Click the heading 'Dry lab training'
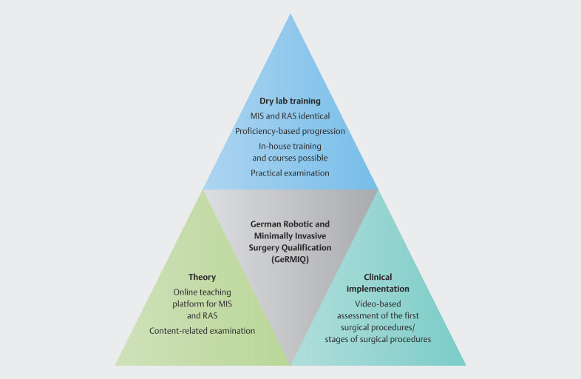[x=290, y=101]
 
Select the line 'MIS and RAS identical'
[x=290, y=115]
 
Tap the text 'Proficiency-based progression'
[x=290, y=131]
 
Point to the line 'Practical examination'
[x=290, y=172]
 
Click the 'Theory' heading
[x=202, y=278]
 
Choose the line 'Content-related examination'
[x=203, y=331]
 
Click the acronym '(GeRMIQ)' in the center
[x=290, y=259]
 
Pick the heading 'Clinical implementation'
[x=377, y=282]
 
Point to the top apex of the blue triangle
[x=290, y=15]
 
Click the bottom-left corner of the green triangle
[x=116, y=364]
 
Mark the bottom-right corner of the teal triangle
[x=465, y=364]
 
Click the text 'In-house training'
[x=290, y=147]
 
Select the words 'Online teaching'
[x=202, y=292]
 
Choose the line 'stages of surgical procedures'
[x=377, y=339]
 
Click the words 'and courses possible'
[x=290, y=158]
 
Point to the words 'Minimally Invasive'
[x=290, y=235]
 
